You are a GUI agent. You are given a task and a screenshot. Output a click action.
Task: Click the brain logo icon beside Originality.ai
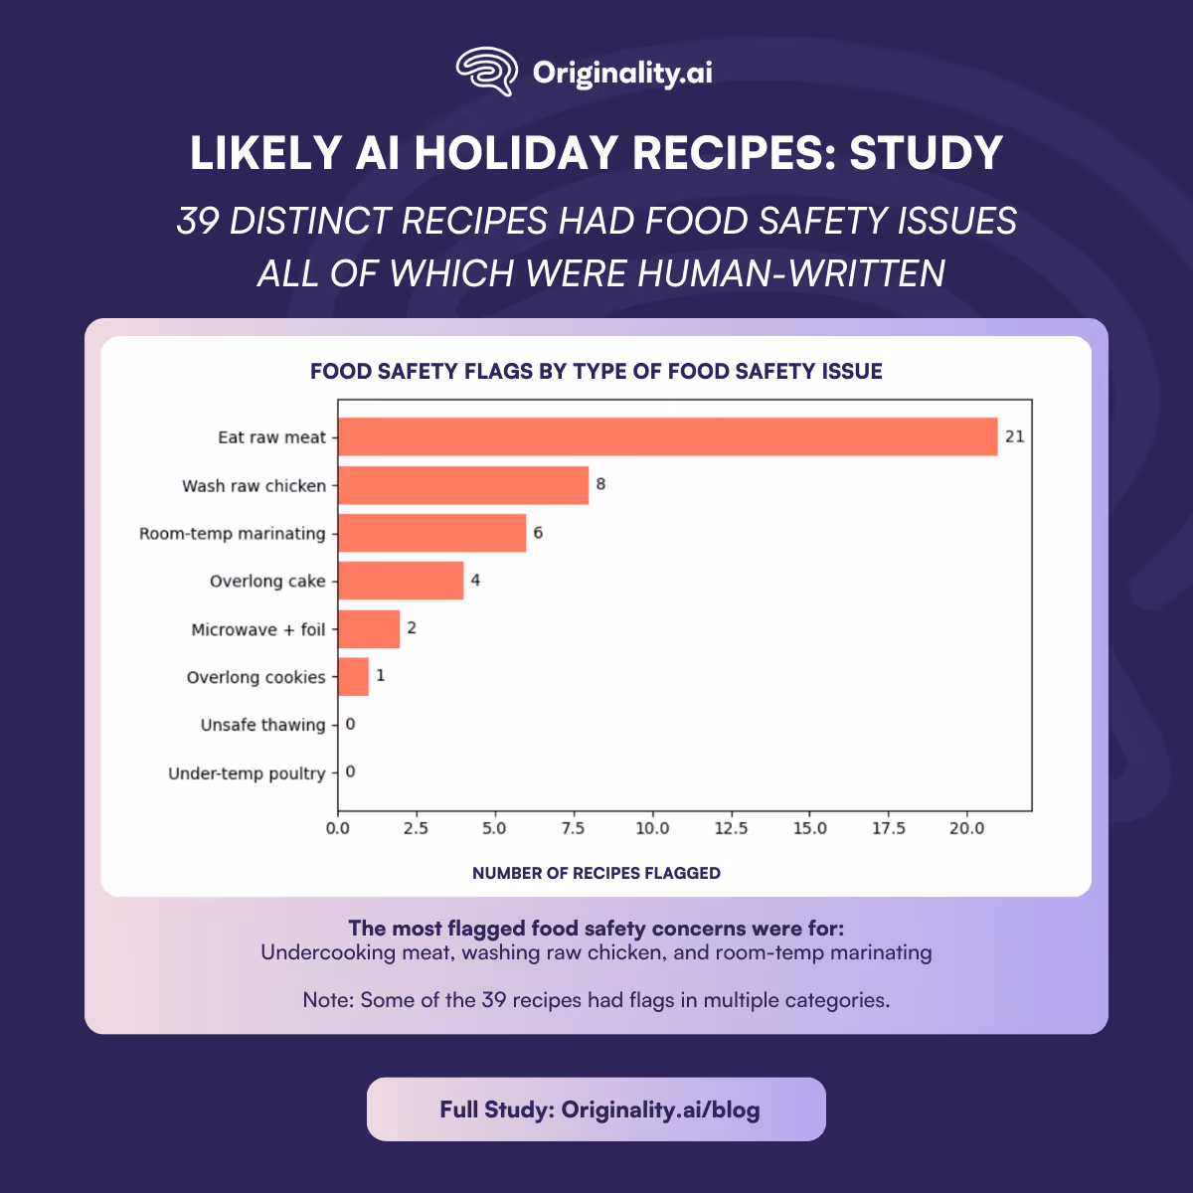[x=487, y=72]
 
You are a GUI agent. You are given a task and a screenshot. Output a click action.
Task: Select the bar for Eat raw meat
[x=667, y=436]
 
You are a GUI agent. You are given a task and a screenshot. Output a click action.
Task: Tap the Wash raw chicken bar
[x=463, y=485]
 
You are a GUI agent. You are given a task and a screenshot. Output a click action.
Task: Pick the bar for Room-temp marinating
[x=431, y=533]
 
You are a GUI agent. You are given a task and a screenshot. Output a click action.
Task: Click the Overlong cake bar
[x=401, y=581]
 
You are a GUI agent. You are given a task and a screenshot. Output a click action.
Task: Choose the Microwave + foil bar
[x=369, y=629]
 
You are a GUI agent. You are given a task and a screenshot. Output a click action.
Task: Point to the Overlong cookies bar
[x=353, y=677]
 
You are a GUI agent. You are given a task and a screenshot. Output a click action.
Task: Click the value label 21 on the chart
[x=1014, y=436]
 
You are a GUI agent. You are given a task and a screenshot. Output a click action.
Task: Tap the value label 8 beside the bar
[x=600, y=484]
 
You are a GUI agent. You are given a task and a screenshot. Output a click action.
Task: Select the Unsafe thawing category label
[x=262, y=725]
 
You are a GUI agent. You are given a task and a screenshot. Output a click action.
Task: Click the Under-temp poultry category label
[x=247, y=773]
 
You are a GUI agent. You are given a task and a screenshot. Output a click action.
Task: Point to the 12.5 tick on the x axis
[x=731, y=828]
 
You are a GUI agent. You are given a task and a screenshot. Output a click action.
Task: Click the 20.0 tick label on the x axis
[x=966, y=828]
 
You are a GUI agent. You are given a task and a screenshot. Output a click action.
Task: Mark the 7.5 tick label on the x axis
[x=574, y=828]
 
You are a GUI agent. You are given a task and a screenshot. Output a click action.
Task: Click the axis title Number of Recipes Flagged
[x=596, y=873]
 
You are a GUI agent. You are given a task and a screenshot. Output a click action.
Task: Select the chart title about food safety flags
[x=596, y=372]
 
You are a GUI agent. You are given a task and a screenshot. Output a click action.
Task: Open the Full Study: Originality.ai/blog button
[x=596, y=1109]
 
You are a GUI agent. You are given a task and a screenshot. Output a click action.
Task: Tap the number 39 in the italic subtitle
[x=198, y=221]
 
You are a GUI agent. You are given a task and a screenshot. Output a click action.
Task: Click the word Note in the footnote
[x=326, y=1000]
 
